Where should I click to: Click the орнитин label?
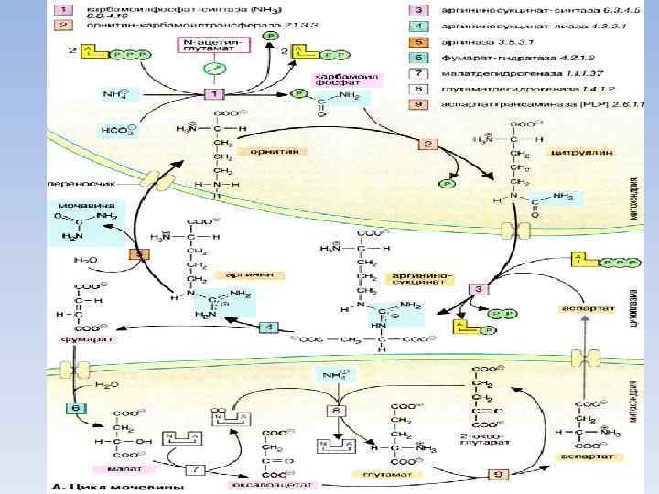267,150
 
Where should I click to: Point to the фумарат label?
76,338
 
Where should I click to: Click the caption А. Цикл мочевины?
106,485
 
